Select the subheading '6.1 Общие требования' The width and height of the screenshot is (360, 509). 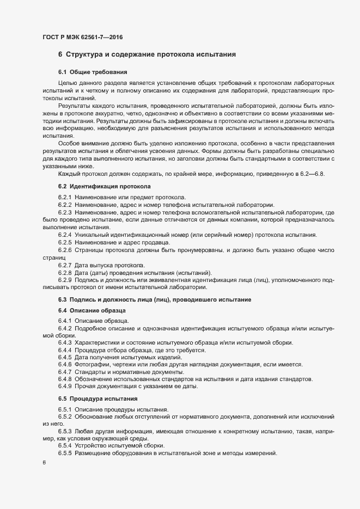[93, 72]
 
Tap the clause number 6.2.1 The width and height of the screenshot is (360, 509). [65, 197]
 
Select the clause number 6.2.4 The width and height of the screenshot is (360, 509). [65, 235]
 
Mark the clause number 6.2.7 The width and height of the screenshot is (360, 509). [65, 265]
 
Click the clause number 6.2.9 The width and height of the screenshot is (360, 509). [65, 280]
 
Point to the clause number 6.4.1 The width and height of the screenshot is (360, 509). [65, 321]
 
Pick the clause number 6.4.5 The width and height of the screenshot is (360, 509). [65, 357]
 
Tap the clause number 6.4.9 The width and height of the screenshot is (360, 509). [65, 387]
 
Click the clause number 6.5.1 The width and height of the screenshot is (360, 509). [65, 409]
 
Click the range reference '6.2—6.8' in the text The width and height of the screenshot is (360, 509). [311, 174]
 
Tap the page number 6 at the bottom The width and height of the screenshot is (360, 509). [44, 464]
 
